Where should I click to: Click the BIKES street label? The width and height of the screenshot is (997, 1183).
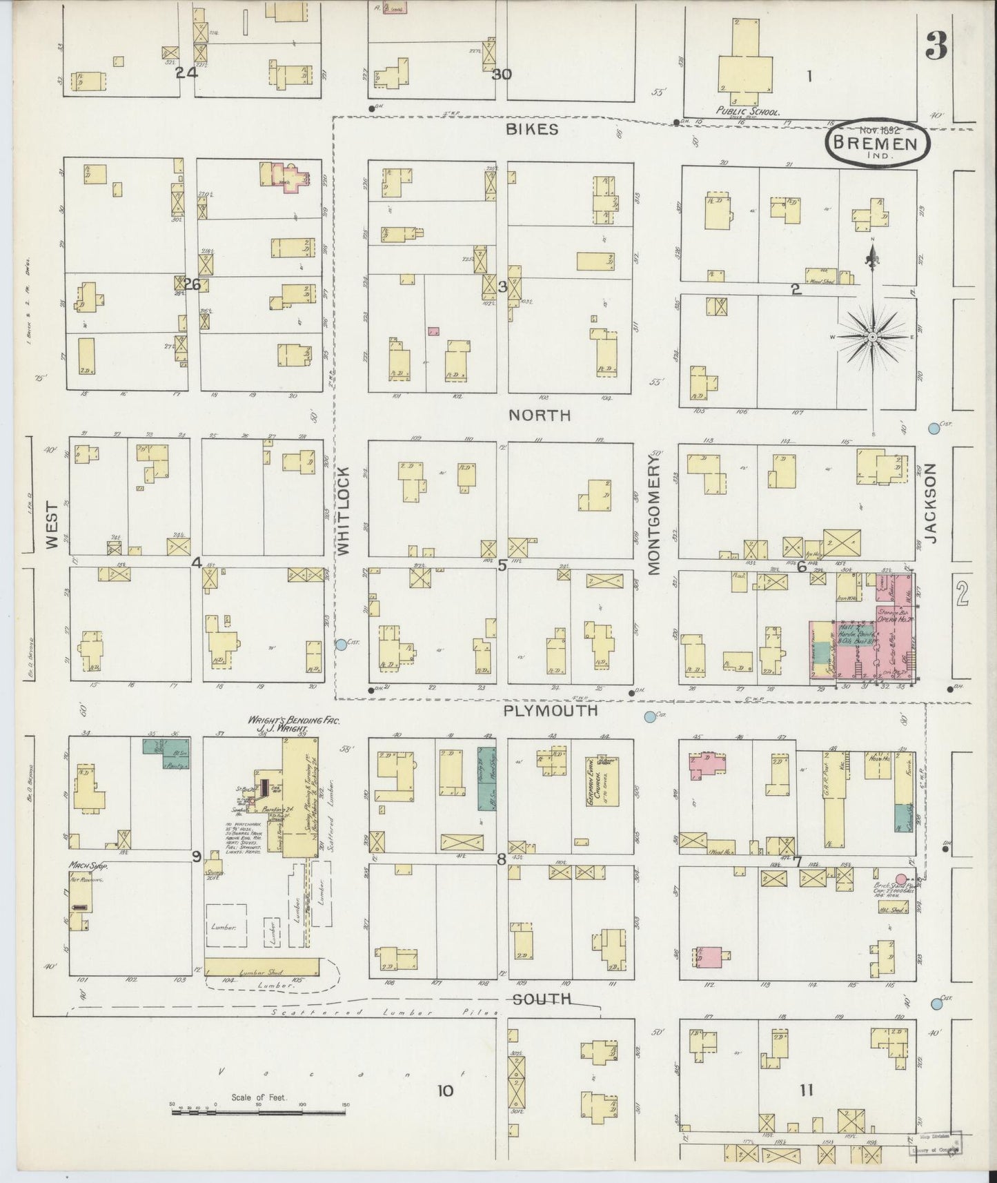[531, 130]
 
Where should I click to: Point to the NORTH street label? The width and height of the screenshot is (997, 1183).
[540, 415]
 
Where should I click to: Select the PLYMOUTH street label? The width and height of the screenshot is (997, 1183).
[551, 710]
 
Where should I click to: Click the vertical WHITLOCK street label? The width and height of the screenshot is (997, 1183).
[344, 510]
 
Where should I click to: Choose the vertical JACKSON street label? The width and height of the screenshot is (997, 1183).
[931, 503]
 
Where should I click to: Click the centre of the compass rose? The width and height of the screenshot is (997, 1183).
[872, 336]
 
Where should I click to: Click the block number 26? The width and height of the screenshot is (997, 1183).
[192, 284]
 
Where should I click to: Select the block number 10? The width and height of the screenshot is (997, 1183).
[446, 1091]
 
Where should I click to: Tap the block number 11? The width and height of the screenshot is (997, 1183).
[807, 1091]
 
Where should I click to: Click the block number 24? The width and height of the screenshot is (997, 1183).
[186, 72]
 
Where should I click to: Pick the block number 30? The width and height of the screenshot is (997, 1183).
[502, 75]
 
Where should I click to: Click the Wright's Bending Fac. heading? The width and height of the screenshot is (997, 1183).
[294, 720]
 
